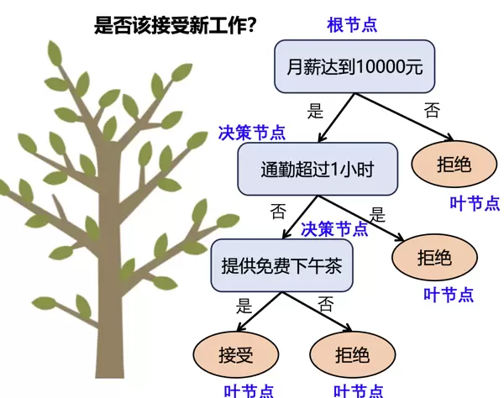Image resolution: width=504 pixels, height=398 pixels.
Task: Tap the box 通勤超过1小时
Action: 317,170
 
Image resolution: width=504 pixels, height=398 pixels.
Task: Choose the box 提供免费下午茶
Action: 281,264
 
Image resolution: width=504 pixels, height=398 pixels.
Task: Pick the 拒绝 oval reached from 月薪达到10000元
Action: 454,163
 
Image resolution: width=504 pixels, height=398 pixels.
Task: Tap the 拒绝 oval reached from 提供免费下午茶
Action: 351,353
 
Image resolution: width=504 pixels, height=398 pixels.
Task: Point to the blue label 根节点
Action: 352,24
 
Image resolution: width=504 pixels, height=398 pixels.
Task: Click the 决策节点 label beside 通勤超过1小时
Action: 251,133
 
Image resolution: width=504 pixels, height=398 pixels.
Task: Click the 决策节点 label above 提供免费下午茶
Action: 334,228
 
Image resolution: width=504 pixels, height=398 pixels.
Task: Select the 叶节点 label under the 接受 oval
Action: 249,390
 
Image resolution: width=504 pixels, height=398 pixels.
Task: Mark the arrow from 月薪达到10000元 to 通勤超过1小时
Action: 340,118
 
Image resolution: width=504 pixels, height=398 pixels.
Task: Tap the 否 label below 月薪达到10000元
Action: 431,109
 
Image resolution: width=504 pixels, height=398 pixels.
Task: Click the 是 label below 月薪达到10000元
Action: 316,109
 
